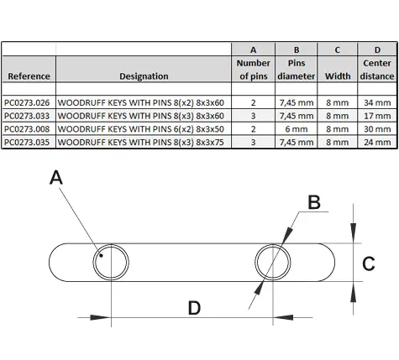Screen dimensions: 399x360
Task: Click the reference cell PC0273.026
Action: coord(27,102)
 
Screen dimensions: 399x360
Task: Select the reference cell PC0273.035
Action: coord(27,142)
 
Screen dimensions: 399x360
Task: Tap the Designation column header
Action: coord(144,76)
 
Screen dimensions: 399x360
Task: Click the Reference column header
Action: coord(29,76)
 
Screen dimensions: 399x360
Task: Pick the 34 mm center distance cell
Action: coord(377,102)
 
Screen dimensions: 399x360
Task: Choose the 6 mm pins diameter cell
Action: coord(297,129)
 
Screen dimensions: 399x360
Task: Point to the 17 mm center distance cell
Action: coord(377,116)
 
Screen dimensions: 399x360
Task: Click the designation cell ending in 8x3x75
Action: coord(141,142)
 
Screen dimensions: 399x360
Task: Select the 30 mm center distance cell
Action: coord(377,129)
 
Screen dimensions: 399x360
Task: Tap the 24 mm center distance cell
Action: coord(377,142)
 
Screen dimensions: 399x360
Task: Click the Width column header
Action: coord(338,76)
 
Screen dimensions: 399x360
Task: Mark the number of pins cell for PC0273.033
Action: coord(253,116)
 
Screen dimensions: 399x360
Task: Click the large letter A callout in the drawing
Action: coord(56,178)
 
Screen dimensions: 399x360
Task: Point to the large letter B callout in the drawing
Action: coord(314,202)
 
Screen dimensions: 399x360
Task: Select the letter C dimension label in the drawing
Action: coord(369,263)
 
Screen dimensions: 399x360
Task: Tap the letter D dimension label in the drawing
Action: coord(194,308)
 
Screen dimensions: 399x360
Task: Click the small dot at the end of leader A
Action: coord(101,255)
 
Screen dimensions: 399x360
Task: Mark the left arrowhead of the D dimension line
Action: coord(100,317)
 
